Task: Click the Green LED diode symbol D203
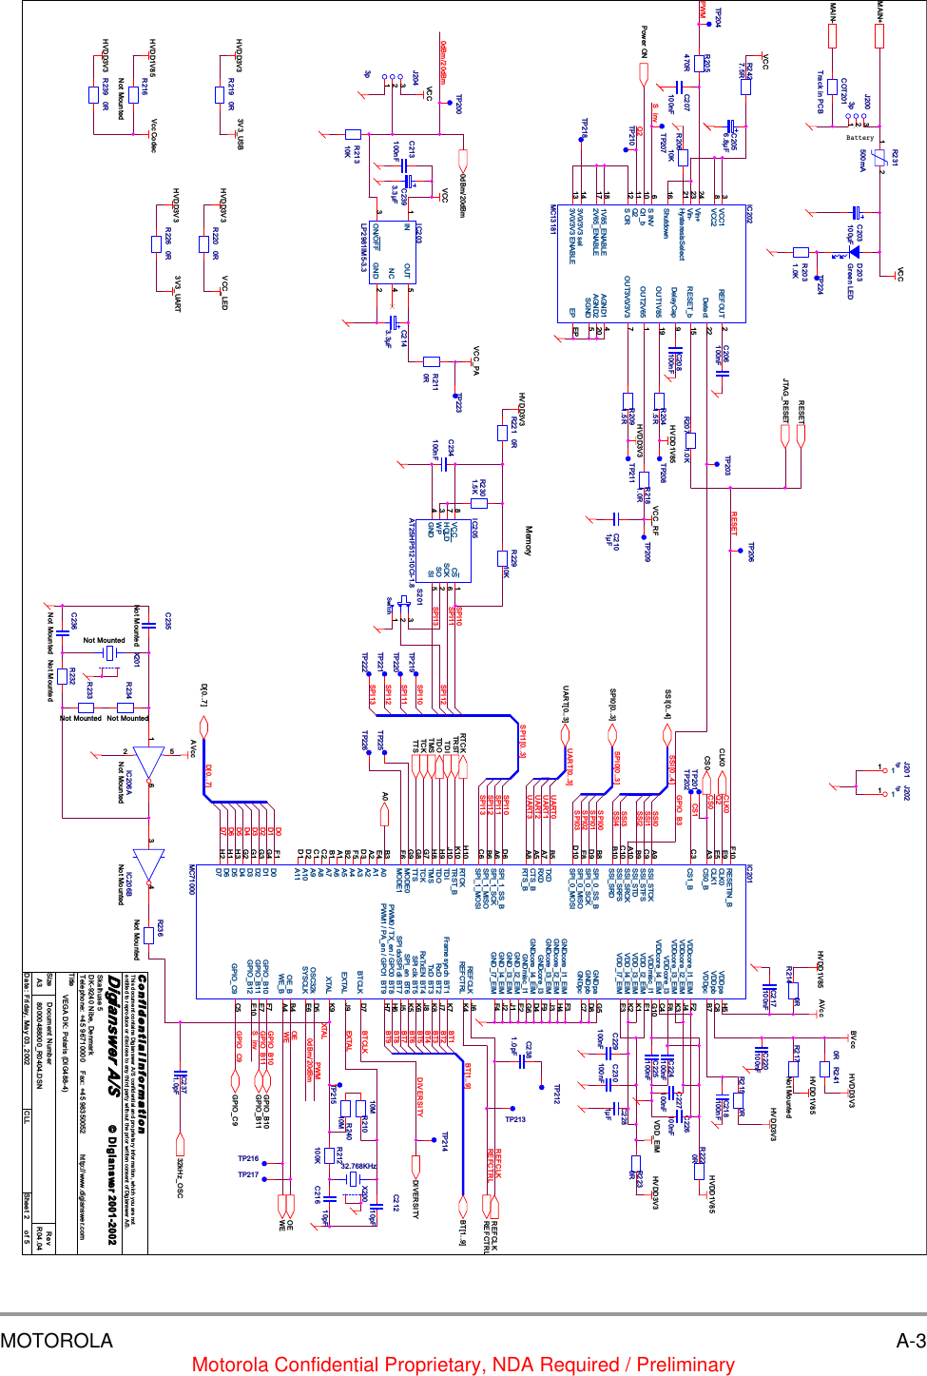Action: point(854,252)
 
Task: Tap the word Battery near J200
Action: point(859,138)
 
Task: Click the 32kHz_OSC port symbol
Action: point(178,1147)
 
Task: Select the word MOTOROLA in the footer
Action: point(56,1341)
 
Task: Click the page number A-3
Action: point(910,1341)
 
